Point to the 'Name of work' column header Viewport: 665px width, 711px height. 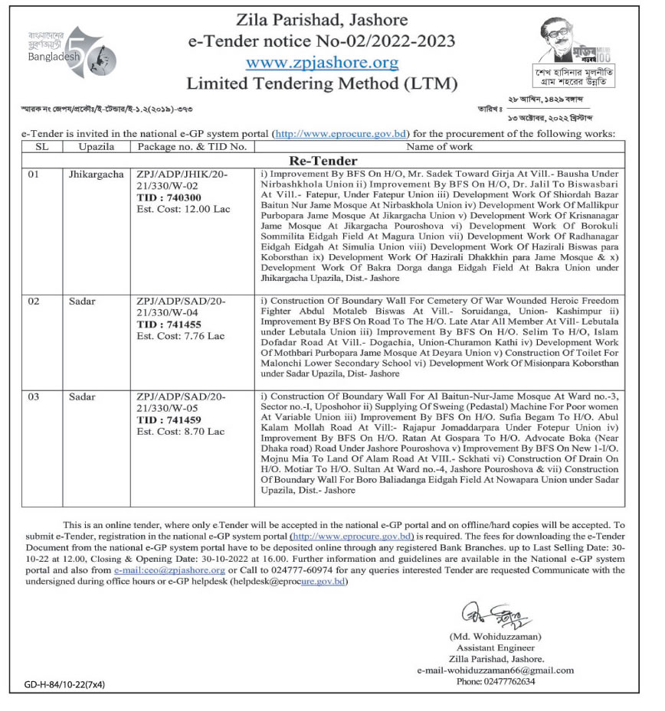[439, 146]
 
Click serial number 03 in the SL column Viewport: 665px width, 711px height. [33, 397]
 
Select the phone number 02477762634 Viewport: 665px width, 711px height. [495, 680]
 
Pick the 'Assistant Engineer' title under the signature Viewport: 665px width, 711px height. [495, 647]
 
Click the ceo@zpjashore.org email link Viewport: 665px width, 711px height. [169, 570]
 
